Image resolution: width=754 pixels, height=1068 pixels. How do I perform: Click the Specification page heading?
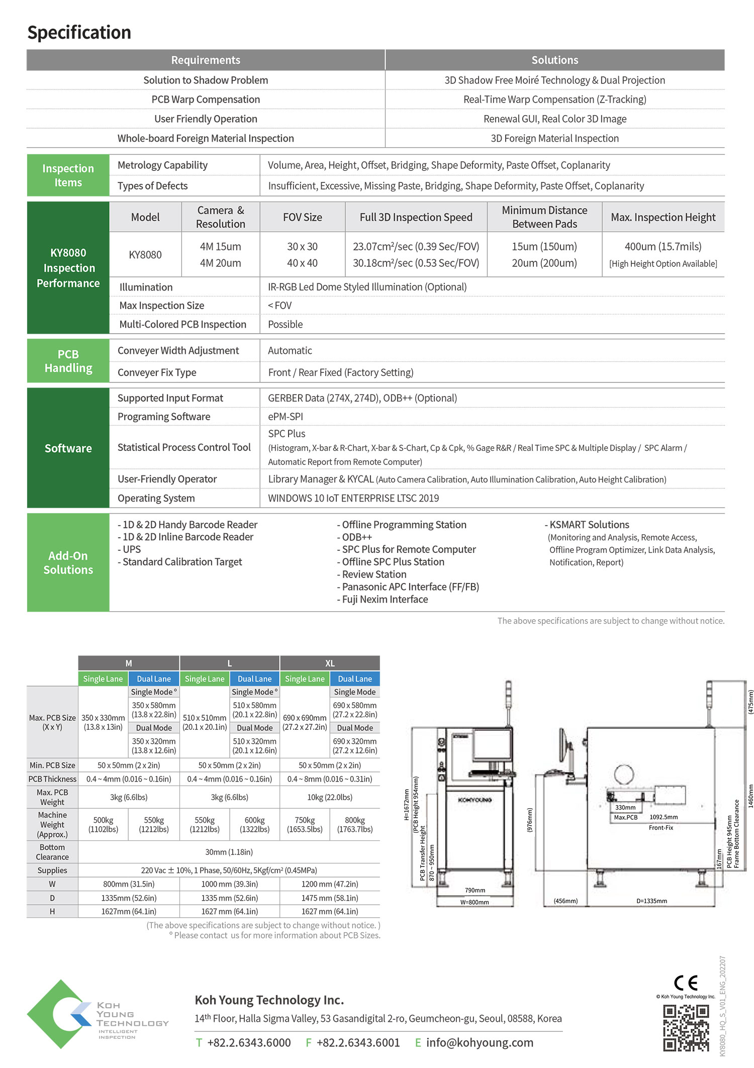pos(79,33)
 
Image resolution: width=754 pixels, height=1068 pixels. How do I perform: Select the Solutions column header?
pos(554,60)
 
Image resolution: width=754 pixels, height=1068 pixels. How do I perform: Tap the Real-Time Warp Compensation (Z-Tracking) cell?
pos(554,100)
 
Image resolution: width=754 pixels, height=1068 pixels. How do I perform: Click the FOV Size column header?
pos(302,217)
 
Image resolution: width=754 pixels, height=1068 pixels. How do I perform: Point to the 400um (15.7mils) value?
pos(663,247)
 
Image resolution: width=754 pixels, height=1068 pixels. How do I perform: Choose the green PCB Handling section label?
pos(68,361)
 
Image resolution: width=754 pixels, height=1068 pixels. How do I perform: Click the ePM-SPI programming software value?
pos(286,417)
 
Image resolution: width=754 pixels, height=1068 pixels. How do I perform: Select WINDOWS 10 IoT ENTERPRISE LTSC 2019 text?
pos(353,498)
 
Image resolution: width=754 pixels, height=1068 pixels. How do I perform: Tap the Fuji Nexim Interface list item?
pos(385,600)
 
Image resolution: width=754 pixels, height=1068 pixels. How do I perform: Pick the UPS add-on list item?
pos(132,549)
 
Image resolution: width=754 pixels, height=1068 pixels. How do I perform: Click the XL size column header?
pos(330,663)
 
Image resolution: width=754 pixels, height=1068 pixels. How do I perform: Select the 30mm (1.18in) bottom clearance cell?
pos(229,852)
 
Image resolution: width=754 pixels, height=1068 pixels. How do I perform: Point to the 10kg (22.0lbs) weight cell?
pos(330,797)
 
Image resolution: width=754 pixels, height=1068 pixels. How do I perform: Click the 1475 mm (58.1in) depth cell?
pos(330,898)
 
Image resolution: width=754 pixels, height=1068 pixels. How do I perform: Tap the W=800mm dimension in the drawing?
pos(475,902)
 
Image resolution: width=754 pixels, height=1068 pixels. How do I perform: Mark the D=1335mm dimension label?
pos(651,901)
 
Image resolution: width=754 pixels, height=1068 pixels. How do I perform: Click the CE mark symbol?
pos(686,983)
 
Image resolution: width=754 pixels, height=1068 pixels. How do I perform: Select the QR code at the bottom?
pos(686,1028)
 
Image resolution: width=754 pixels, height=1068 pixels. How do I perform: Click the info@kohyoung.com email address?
pos(480,1043)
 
